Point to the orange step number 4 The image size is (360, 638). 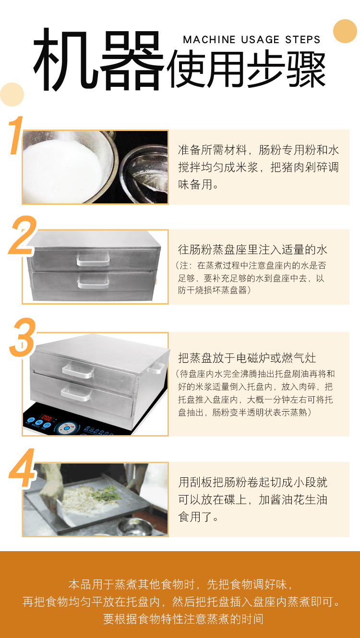pos(22,467)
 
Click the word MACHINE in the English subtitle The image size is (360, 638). pos(209,40)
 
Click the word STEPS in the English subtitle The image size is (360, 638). pos(303,40)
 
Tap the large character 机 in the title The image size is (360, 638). pos(64,59)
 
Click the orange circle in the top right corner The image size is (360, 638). pos(345,31)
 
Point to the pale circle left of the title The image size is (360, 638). pos(12,95)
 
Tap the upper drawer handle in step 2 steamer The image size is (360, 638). pos(93,259)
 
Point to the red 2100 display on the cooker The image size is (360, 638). pos(47,418)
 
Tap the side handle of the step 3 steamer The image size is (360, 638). pos(156,368)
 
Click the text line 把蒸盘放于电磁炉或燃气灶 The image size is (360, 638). pos(247,358)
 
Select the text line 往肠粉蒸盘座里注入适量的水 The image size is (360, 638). pos(252,250)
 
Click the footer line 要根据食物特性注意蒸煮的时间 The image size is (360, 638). pos(183,619)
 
